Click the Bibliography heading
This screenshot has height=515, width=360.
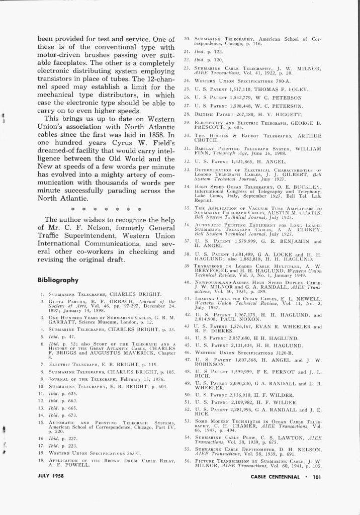[x=58, y=280]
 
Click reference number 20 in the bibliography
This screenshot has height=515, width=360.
[x=186, y=39]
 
